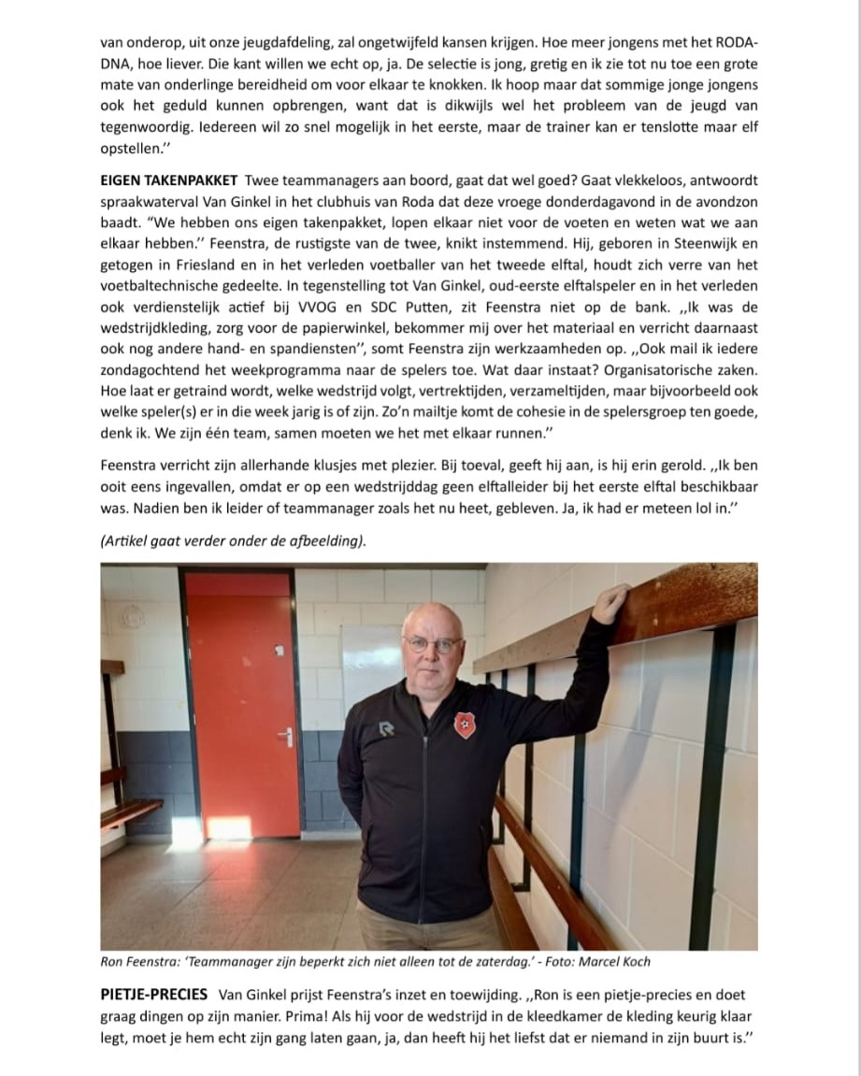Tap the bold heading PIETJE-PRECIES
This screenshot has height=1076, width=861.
point(153,994)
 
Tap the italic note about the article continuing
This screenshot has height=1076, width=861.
point(234,541)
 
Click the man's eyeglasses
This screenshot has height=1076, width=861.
point(433,643)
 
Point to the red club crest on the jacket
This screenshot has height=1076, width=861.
point(465,725)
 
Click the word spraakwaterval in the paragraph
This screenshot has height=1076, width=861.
point(148,201)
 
